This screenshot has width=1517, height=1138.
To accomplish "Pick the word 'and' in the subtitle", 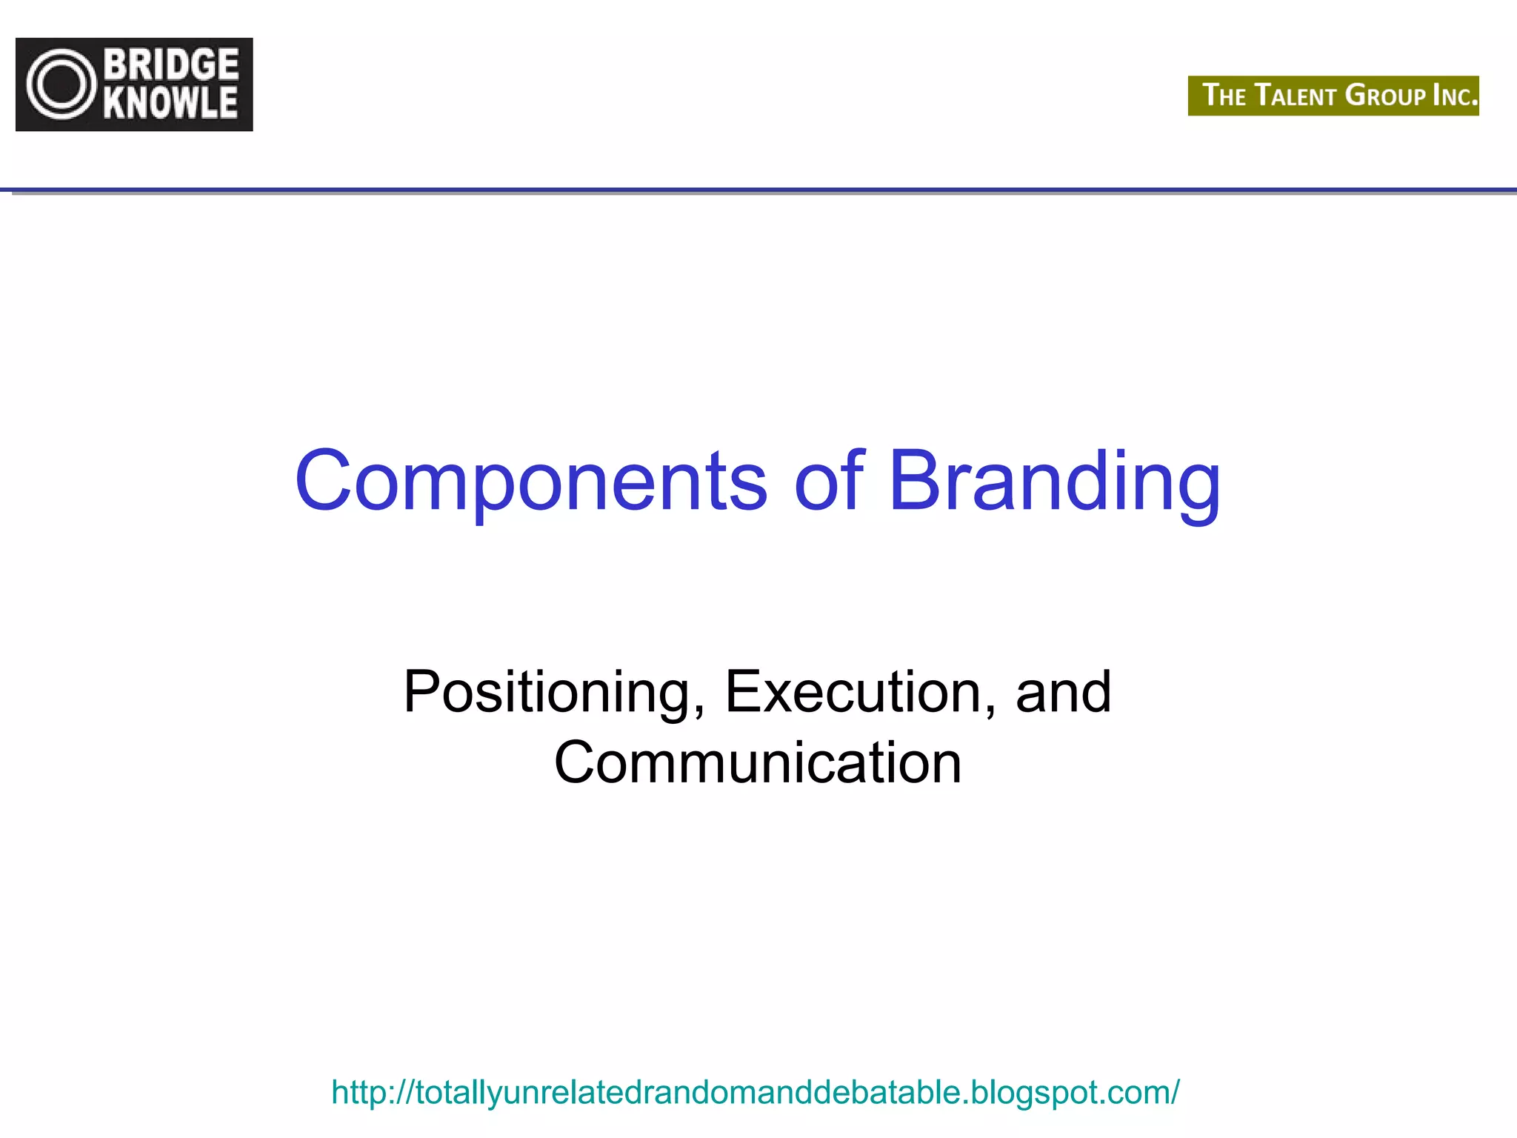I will [1063, 692].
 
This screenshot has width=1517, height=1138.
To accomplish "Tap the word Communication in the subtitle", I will [758, 762].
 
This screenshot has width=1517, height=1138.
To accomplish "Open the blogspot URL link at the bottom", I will [755, 1092].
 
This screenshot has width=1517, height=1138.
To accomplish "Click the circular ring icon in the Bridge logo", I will [61, 84].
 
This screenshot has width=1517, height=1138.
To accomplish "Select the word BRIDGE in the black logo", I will [171, 64].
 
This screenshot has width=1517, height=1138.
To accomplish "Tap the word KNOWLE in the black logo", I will [171, 103].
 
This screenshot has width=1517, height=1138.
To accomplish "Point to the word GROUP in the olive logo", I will [1384, 96].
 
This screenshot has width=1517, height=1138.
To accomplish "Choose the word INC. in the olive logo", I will [1455, 96].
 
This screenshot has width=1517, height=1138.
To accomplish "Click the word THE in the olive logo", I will [1224, 96].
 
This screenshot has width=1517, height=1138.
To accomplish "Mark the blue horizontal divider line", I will [758, 190].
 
